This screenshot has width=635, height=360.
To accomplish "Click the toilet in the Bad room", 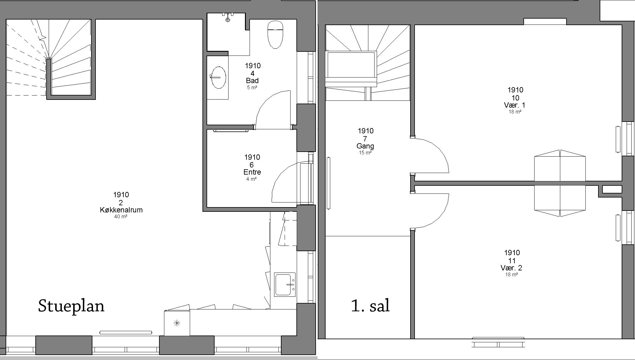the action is point(275,34).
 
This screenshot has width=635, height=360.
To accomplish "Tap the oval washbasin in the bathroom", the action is point(218,78).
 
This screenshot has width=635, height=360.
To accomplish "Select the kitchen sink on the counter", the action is point(285,285).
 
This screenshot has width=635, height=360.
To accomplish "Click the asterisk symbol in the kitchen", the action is point(177,323).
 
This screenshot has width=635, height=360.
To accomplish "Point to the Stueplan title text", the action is point(71,306).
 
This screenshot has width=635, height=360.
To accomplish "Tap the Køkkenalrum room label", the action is point(121,210).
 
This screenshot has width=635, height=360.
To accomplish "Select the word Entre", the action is point(252,172).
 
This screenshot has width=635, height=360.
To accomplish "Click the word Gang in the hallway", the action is point(365,146).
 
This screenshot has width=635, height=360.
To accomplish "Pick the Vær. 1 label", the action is point(515,105).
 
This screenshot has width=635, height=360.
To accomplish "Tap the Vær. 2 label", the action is point(511,268).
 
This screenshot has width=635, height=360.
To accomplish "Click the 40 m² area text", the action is point(121,216).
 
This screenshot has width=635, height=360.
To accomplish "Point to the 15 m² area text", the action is point(365,153).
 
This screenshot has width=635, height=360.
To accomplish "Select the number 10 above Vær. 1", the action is point(515,98).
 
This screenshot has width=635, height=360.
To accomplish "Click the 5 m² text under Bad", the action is point(252,87).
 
